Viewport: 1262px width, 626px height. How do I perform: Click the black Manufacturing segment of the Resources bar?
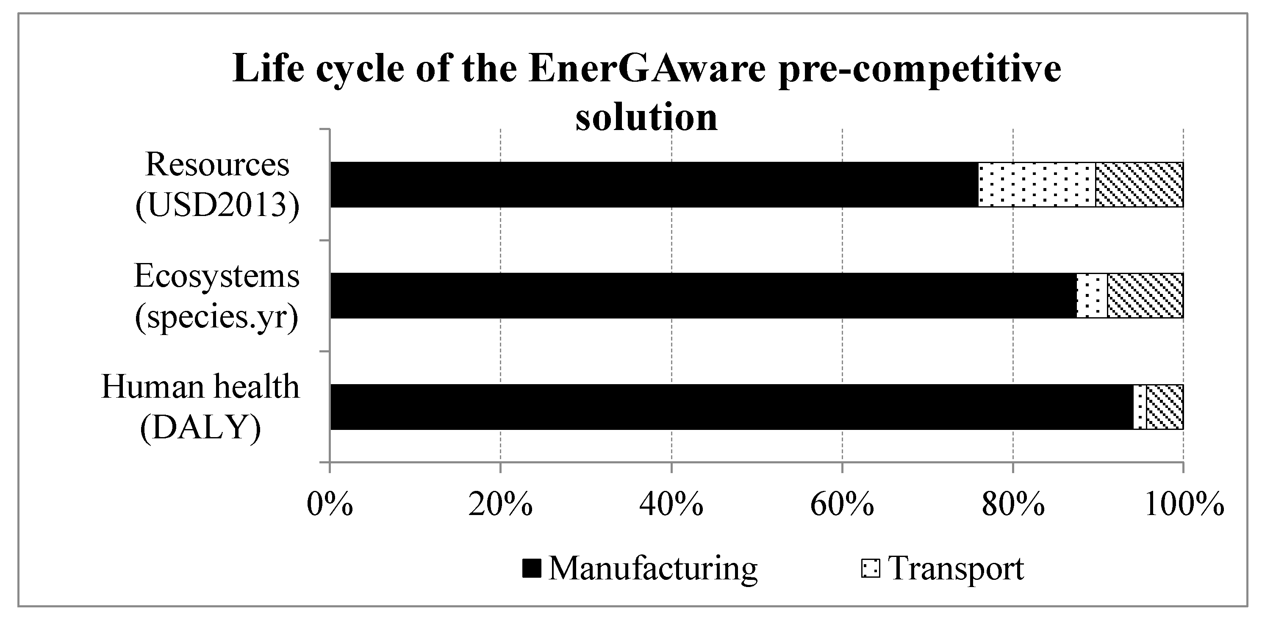point(654,185)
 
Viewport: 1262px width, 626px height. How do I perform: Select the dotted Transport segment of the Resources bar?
point(1037,185)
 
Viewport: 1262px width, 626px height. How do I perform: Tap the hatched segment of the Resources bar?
point(1139,185)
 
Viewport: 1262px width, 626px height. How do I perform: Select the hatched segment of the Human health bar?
point(1165,407)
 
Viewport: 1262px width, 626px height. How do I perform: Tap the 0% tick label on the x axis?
point(330,504)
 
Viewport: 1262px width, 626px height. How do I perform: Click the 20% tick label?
point(500,504)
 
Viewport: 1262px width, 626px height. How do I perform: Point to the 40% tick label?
point(671,504)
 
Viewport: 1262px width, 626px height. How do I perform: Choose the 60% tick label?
point(842,504)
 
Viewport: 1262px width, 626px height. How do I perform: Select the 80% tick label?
point(1012,504)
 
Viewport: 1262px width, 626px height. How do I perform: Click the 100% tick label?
point(1184,504)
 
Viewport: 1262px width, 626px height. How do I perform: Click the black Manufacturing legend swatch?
point(532,569)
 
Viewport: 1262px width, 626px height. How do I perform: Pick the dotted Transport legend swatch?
point(870,569)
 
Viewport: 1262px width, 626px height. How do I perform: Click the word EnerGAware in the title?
point(647,69)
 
